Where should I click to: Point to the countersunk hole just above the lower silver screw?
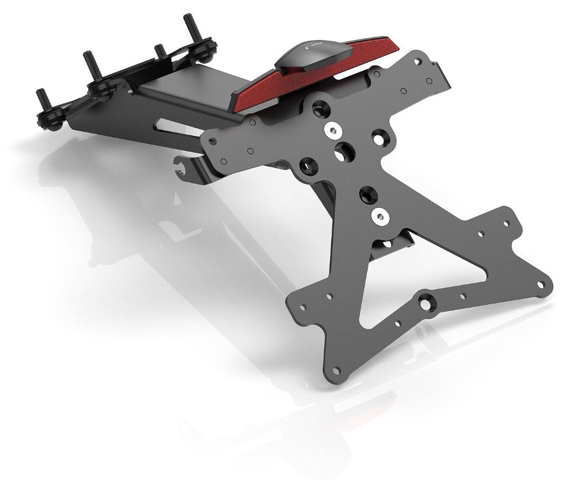tap(367, 193)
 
